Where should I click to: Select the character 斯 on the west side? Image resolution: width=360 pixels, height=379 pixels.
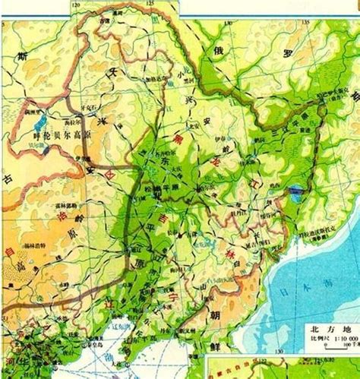22,58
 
